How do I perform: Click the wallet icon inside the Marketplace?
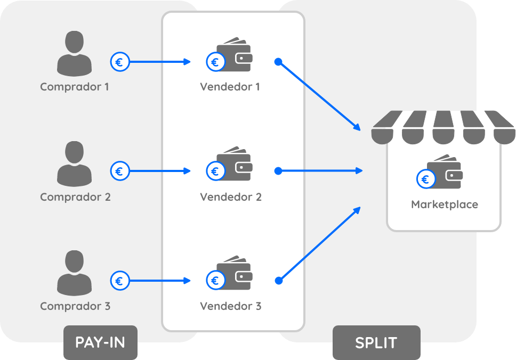point(445,172)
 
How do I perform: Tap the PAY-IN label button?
point(100,342)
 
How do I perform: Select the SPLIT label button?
point(376,342)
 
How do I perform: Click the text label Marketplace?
point(445,204)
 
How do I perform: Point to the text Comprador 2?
point(75,197)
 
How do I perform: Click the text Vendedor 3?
point(231,306)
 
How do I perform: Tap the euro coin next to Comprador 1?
point(119,62)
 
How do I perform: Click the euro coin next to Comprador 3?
point(119,280)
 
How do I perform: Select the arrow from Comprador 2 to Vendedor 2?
point(160,171)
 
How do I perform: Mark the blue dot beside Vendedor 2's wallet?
point(278,171)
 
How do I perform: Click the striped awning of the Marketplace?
point(442,127)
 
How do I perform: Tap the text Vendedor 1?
point(230,87)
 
